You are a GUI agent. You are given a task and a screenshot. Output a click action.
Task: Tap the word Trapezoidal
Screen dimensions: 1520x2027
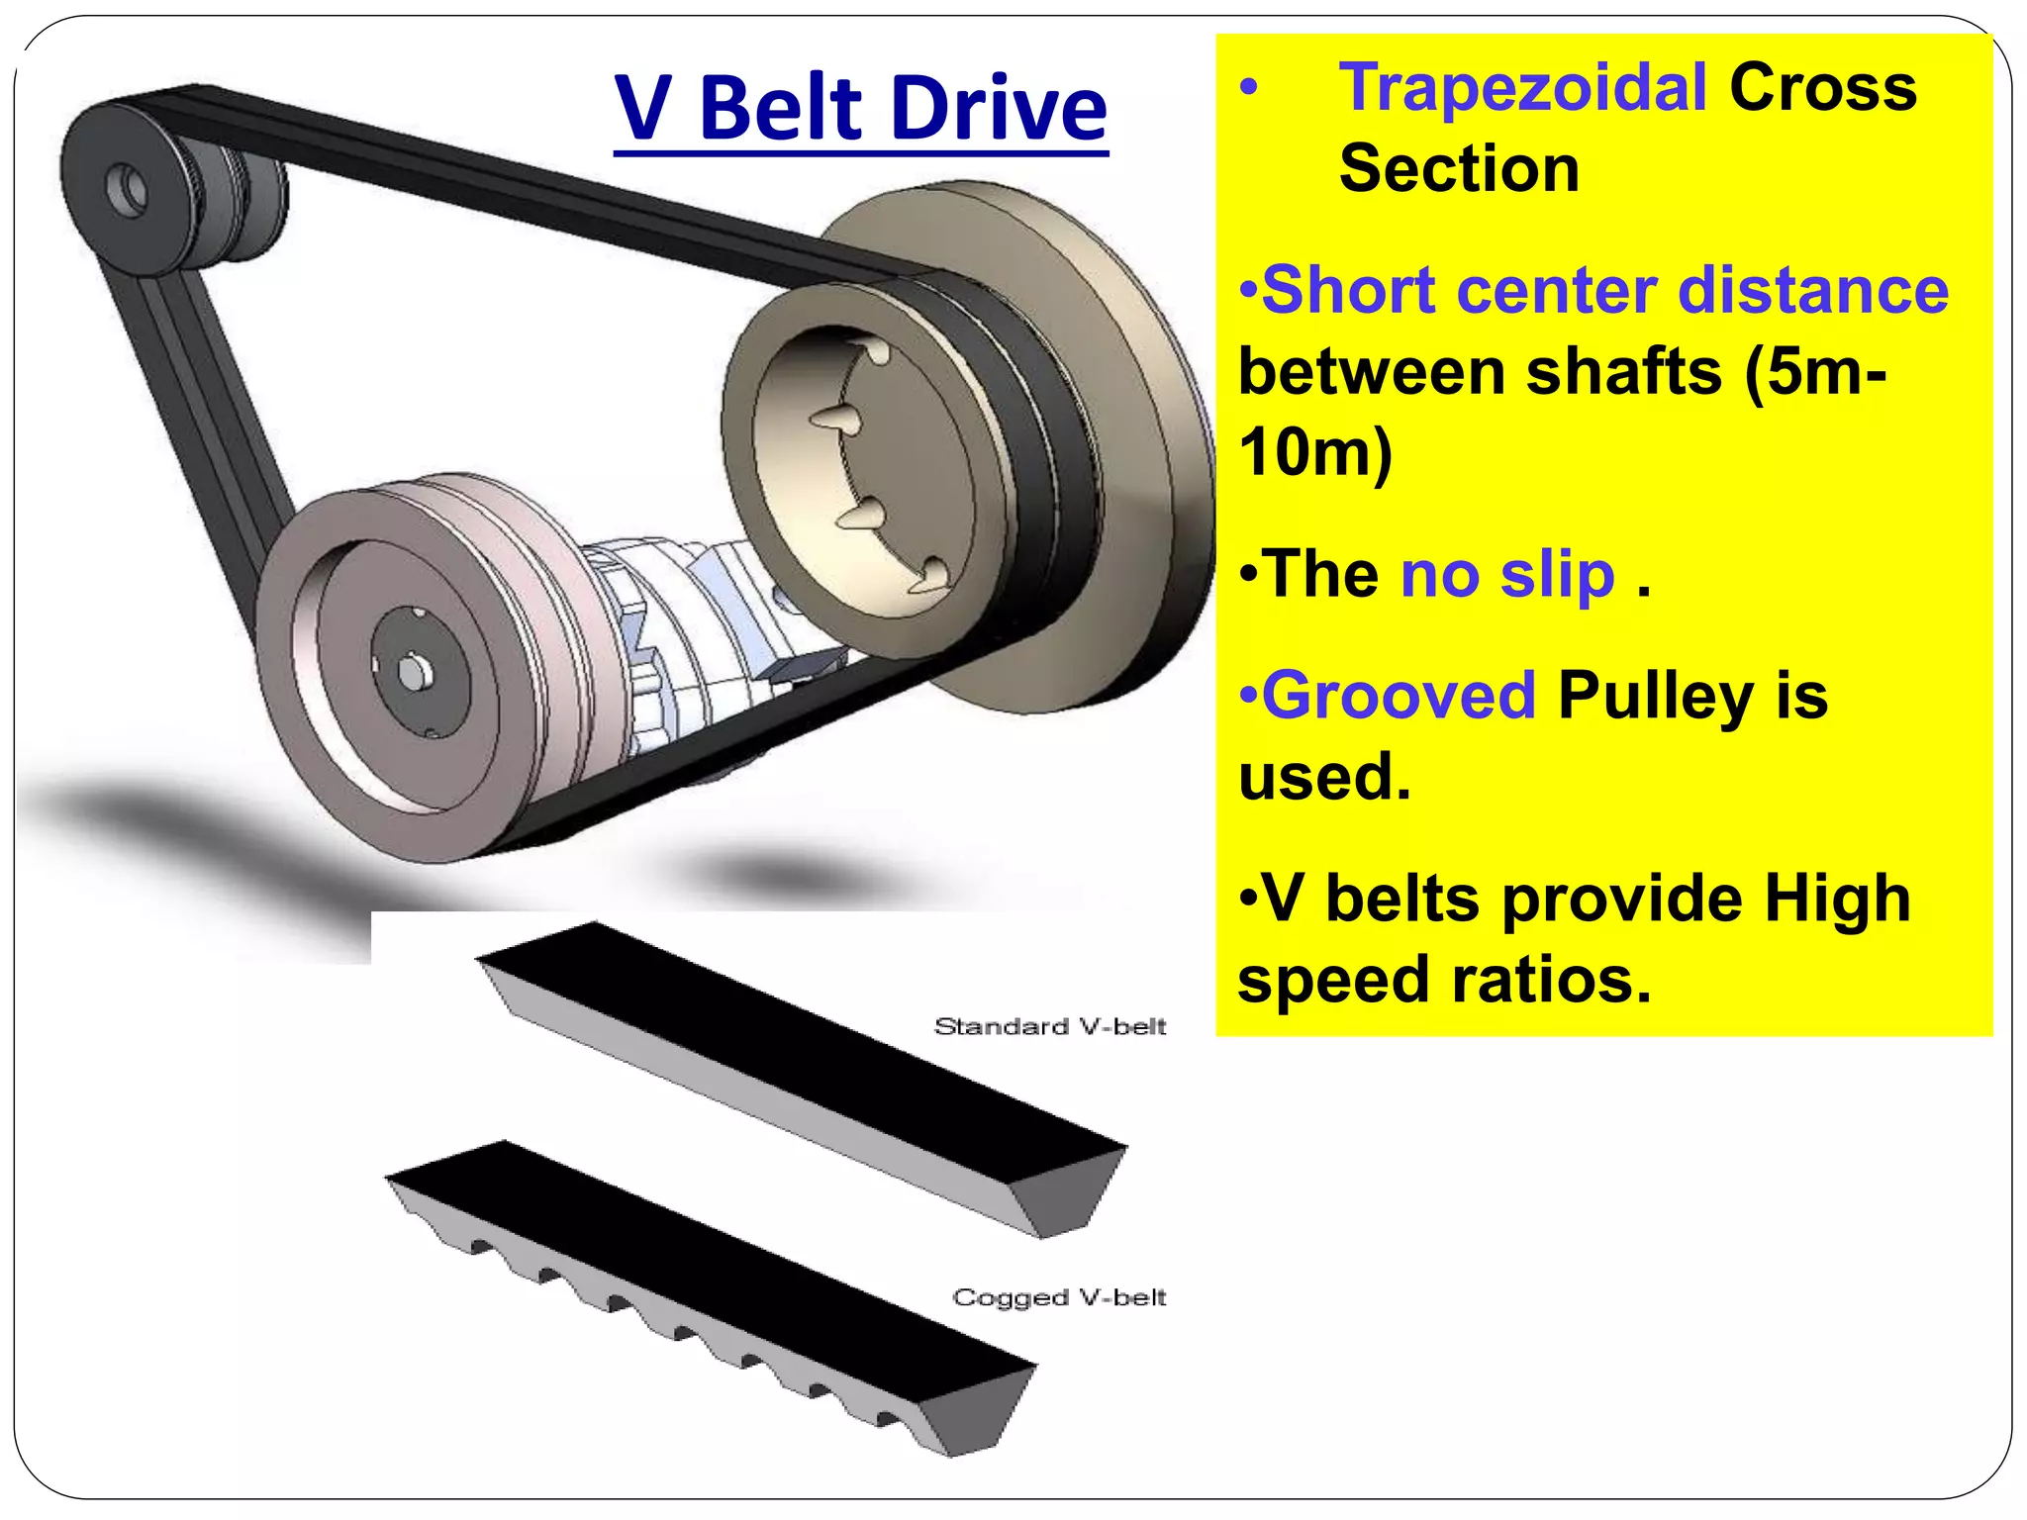[x=1522, y=87]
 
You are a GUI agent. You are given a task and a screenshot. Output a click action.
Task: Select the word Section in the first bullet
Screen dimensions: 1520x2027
[x=1458, y=168]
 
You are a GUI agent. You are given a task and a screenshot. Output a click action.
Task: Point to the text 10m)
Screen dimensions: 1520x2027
[x=1315, y=453]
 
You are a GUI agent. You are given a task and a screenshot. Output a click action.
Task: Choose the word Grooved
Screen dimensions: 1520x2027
[x=1399, y=695]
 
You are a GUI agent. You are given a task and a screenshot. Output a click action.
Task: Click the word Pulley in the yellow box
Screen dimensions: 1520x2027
[x=1655, y=697]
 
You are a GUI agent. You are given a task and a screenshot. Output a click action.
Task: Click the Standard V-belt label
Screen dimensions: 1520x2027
[x=1050, y=1026]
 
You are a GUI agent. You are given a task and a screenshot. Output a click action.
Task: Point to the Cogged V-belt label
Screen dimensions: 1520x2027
[x=1059, y=1297]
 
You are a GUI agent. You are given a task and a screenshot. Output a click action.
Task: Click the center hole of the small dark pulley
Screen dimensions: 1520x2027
[x=128, y=191]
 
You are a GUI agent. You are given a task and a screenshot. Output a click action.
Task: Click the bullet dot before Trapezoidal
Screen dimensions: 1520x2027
[x=1250, y=89]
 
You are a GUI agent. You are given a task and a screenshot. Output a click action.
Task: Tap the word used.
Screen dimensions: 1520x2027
[x=1323, y=777]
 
